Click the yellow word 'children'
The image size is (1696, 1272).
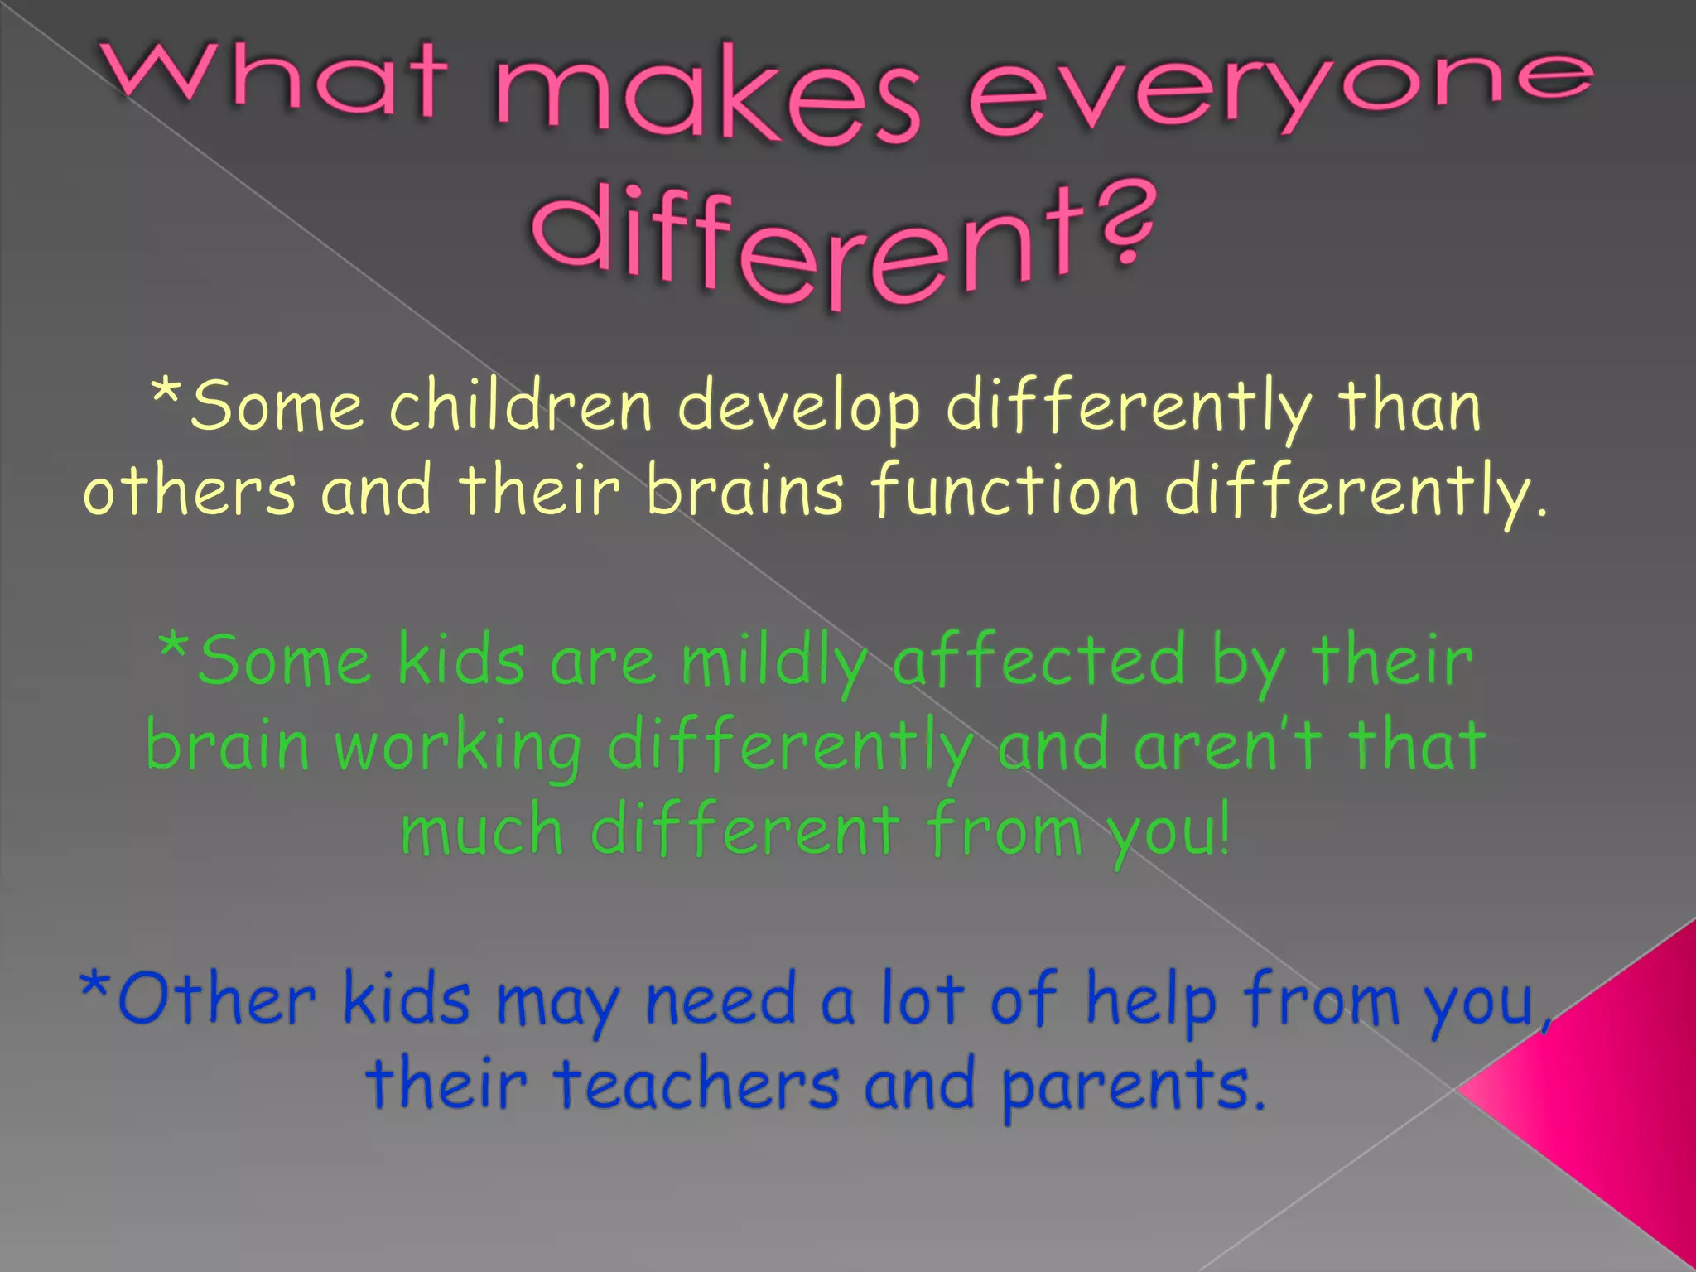pos(521,406)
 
